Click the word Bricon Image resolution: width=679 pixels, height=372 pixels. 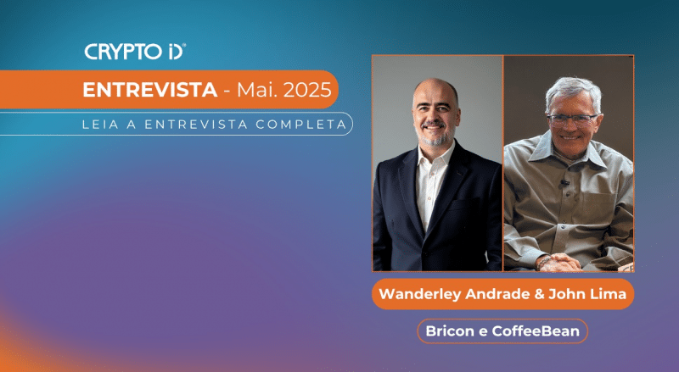pyautogui.click(x=450, y=330)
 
